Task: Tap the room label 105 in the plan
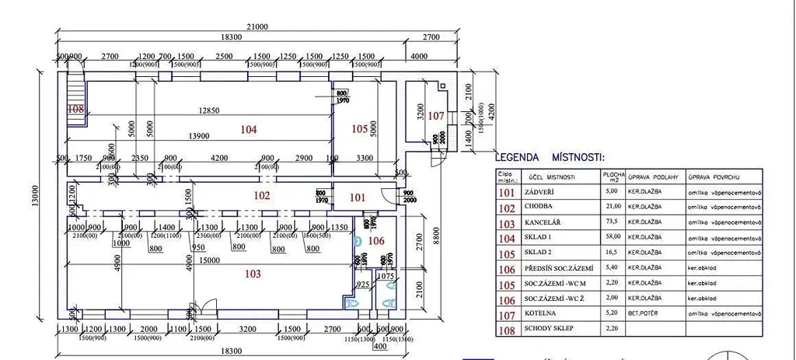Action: (358, 128)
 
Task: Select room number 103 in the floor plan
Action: (251, 274)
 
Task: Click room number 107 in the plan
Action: (436, 116)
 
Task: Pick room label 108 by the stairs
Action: (75, 109)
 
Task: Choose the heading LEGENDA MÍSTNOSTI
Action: (549, 156)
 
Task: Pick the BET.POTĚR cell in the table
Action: (648, 315)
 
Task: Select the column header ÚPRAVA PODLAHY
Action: (652, 177)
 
